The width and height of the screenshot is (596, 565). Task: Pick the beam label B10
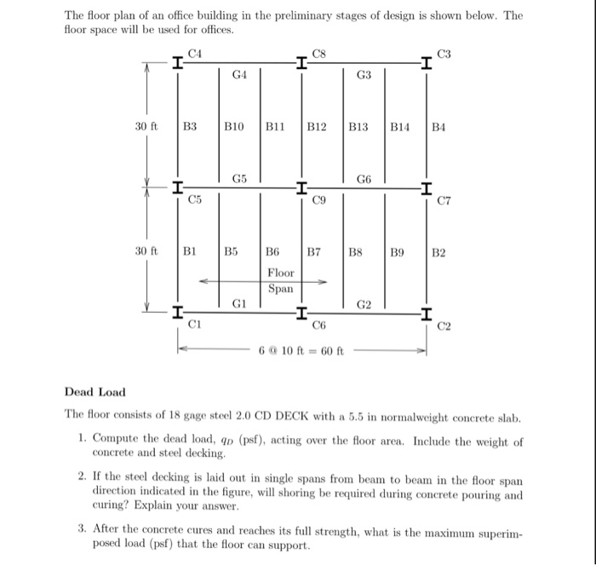tap(233, 127)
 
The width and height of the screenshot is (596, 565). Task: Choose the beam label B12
tap(316, 127)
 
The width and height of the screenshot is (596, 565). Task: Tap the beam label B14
tap(399, 127)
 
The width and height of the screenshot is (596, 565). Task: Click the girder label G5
tap(239, 178)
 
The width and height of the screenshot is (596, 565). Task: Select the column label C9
tap(319, 201)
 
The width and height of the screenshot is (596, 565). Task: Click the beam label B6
tap(273, 252)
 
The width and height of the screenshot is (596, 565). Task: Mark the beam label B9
tap(397, 252)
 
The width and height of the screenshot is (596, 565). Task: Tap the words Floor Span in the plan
tap(280, 280)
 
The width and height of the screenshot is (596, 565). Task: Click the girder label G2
tap(364, 303)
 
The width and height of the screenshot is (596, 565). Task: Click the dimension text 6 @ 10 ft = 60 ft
tap(302, 350)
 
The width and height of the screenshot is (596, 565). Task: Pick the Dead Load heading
tap(95, 392)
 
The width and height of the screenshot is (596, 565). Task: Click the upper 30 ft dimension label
tap(146, 127)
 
